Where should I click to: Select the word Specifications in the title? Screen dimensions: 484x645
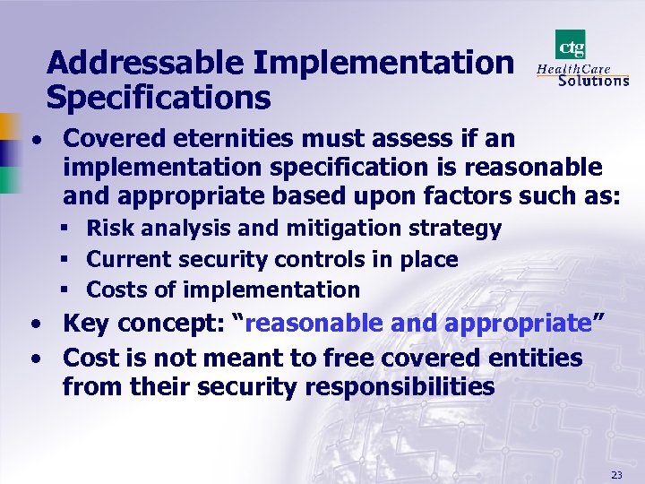click(158, 96)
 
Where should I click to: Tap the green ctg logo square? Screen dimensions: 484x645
click(571, 44)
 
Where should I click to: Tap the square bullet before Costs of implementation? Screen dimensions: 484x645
click(68, 290)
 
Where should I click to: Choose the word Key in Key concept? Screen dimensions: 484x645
click(85, 324)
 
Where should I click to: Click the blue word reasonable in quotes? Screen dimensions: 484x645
click(317, 324)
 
